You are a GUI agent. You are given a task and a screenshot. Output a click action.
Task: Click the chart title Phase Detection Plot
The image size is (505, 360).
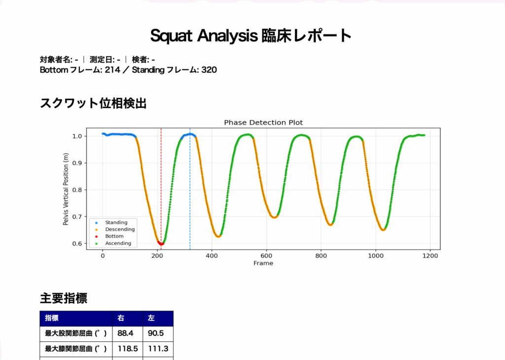pyautogui.click(x=263, y=123)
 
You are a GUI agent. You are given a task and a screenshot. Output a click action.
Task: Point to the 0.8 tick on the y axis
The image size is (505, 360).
pyautogui.click(x=77, y=190)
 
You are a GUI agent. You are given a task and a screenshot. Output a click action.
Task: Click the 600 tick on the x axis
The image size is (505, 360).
pyautogui.click(x=266, y=255)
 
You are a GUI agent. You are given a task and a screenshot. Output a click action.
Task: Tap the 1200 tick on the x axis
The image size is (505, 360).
pyautogui.click(x=430, y=255)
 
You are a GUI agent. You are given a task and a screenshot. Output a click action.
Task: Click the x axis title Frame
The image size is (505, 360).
pyautogui.click(x=263, y=263)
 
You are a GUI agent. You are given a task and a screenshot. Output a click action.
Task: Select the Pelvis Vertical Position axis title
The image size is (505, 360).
pyautogui.click(x=66, y=189)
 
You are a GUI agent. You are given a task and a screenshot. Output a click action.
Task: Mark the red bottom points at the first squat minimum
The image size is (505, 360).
pyautogui.click(x=161, y=244)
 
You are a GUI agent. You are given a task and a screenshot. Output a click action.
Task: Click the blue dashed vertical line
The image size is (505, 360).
pyautogui.click(x=190, y=189)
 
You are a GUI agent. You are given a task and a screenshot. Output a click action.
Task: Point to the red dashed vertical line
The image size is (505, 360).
pyautogui.click(x=161, y=189)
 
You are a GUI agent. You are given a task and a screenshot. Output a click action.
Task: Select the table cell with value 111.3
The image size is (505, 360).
pyautogui.click(x=158, y=349)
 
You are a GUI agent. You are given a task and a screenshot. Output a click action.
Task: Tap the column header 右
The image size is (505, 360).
pyautogui.click(x=121, y=318)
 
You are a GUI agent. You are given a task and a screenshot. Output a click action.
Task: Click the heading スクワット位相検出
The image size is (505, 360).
pyautogui.click(x=93, y=104)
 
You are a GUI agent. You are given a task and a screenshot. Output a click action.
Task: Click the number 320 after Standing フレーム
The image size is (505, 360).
pyautogui.click(x=209, y=70)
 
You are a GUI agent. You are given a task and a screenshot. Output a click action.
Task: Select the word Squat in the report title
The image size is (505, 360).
pyautogui.click(x=171, y=36)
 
